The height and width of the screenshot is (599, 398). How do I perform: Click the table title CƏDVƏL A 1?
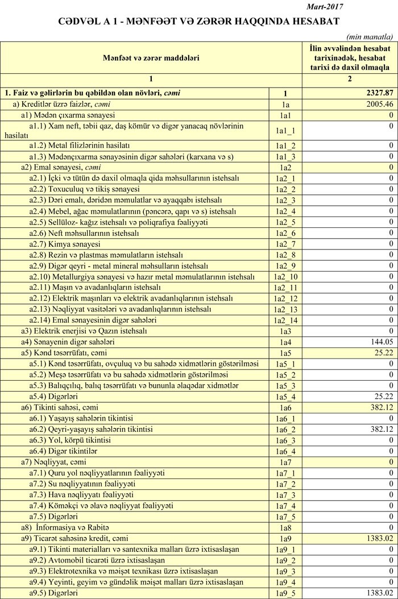pos(198,21)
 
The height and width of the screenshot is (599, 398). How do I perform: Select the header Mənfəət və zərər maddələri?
pos(151,57)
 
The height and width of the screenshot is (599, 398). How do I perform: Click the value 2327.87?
pos(380,93)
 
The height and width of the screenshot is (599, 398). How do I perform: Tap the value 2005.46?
pos(380,104)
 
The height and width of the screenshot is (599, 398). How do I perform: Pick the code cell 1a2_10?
pos(285,277)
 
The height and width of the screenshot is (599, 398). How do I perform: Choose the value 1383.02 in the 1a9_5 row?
pos(379,593)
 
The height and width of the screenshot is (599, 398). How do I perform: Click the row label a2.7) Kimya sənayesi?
pos(65,244)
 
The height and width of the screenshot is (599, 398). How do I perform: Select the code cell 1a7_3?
pos(285,495)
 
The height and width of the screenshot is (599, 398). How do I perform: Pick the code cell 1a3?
pos(285,331)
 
